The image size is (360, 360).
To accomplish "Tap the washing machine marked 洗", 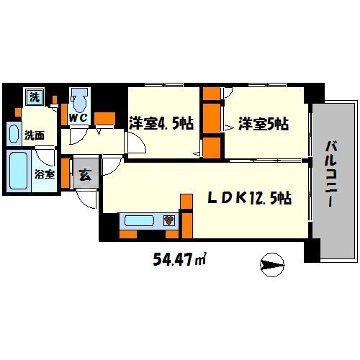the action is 35,96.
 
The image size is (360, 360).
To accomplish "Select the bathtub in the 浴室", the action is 18,171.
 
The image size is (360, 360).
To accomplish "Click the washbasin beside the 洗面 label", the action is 14,134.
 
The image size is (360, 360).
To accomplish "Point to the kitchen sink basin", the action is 139,220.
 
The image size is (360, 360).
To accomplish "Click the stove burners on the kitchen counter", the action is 169,220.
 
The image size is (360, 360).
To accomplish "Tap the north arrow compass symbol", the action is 272,265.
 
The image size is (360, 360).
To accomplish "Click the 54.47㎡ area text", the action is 179,259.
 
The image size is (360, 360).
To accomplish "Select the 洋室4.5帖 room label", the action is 161,123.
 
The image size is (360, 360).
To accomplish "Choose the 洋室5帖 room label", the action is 264,124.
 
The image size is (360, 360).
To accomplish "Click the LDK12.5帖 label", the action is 250,198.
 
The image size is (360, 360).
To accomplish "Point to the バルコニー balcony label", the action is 331,174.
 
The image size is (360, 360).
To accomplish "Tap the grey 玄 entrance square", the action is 86,173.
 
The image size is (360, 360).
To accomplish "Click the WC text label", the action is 78,118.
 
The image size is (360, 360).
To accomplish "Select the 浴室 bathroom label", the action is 45,174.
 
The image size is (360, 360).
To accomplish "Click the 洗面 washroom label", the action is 35,135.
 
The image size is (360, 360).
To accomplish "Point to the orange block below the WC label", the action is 104,119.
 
